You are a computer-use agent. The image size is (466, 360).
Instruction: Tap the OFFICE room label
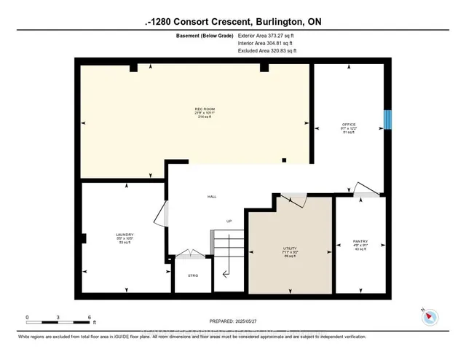(x=349, y=125)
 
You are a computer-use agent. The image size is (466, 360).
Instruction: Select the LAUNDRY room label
(x=125, y=235)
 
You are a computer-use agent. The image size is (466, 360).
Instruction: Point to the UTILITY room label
(x=290, y=248)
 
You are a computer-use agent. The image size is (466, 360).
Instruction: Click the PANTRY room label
(x=360, y=241)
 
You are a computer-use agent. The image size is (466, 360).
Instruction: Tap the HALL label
(x=212, y=197)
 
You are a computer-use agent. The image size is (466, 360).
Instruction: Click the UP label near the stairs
(x=229, y=221)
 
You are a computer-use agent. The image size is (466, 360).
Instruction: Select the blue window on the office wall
(x=388, y=120)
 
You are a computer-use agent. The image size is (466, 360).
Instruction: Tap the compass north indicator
(x=430, y=315)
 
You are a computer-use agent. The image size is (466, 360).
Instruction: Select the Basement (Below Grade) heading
(x=205, y=35)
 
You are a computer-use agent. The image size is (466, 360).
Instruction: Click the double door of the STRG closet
(x=191, y=254)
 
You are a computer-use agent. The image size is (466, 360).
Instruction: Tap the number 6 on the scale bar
(x=89, y=318)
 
